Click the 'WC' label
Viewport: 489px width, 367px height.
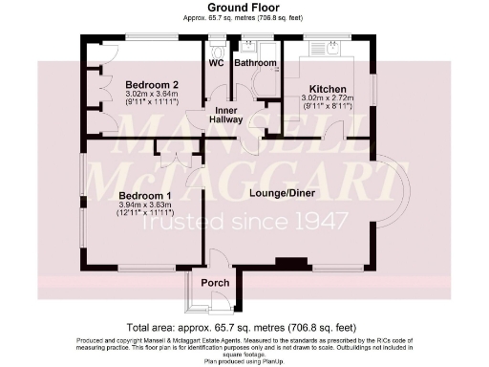coord(216,63)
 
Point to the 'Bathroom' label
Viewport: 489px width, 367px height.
coord(255,63)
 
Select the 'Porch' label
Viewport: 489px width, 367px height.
coord(211,283)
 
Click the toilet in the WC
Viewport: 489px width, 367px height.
coord(216,49)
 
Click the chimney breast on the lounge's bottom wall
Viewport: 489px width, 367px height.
coord(286,262)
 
